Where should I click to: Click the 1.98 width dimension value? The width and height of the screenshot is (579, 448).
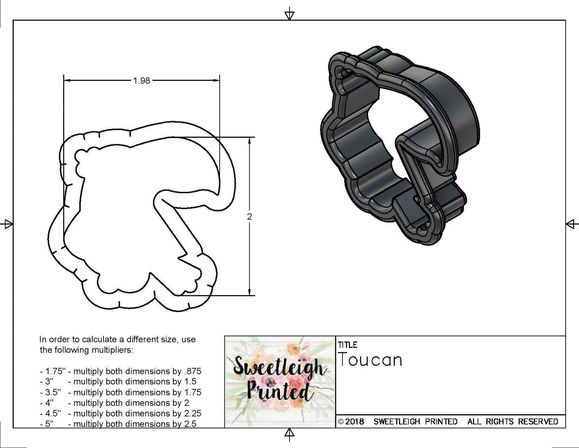point(141,80)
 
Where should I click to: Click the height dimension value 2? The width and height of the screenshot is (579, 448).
point(249,217)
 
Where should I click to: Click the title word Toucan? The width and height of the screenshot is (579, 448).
point(370,360)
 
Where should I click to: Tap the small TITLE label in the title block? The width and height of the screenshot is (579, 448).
point(347,345)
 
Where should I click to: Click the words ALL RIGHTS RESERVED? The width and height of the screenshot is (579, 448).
point(513,422)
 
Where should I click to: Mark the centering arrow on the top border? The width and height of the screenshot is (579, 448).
point(289,15)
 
